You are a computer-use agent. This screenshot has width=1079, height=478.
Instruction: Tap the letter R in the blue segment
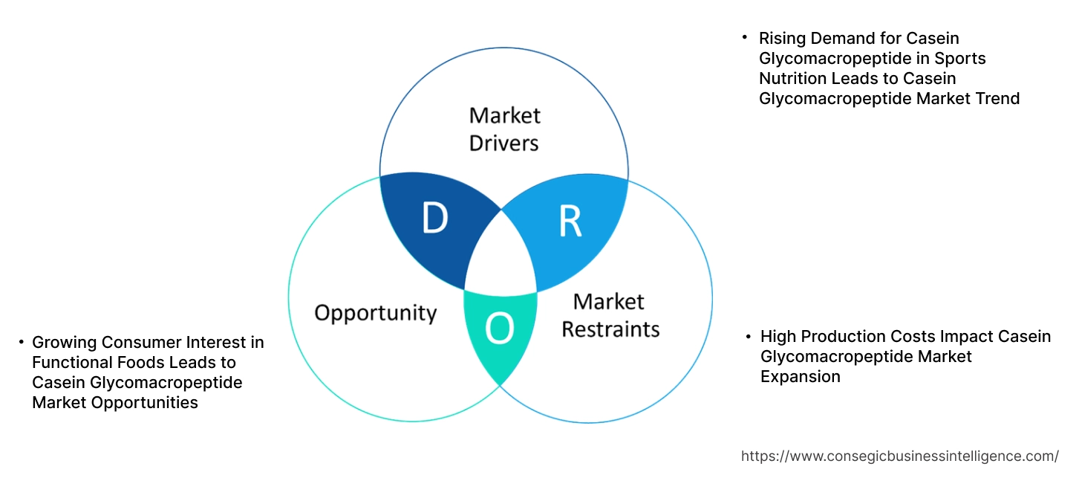pos(570,222)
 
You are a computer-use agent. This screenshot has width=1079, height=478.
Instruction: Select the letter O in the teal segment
pos(500,329)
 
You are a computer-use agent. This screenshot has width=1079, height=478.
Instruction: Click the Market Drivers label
pos(504,129)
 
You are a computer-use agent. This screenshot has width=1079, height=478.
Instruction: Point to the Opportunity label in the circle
pos(375,312)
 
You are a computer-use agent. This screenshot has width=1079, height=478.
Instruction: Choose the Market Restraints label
pos(610,314)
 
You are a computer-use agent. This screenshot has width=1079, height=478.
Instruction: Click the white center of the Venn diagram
pos(501,260)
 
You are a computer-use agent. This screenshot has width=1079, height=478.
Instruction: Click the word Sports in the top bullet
pos(960,58)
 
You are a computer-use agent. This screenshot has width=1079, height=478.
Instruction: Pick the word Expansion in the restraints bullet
pos(800,377)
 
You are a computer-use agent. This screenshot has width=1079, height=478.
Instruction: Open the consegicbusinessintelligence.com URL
pos(900,456)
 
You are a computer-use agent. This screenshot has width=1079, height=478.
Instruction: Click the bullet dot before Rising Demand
pos(745,37)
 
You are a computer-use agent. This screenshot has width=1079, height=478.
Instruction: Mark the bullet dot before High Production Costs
pos(749,337)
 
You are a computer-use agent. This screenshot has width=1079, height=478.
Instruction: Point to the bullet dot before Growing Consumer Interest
pos(22,342)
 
